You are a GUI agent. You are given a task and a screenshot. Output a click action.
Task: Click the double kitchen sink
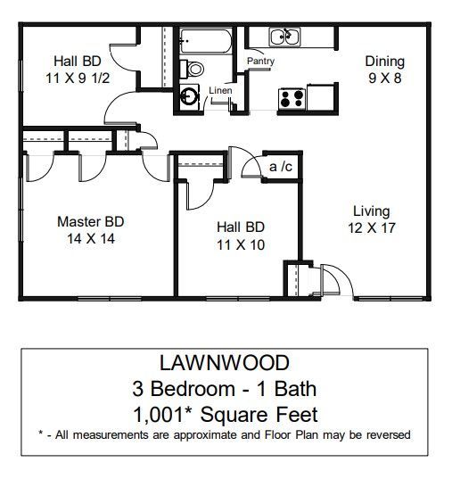(x=285, y=37)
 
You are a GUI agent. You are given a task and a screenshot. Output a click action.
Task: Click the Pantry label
(x=260, y=62)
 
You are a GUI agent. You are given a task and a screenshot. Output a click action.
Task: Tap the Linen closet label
(x=220, y=91)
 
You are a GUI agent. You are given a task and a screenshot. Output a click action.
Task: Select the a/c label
(x=280, y=166)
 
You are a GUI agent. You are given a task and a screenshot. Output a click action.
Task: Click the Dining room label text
(x=384, y=62)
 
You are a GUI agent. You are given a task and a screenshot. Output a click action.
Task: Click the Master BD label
(x=90, y=222)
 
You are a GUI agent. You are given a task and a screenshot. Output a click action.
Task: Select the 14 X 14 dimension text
(x=90, y=238)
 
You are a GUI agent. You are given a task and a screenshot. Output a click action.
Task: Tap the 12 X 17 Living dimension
(x=371, y=227)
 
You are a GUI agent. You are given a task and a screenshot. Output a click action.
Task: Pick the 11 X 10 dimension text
(x=240, y=244)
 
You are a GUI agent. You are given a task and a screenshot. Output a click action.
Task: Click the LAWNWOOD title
(x=226, y=365)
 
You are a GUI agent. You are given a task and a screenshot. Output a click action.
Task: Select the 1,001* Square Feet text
(x=226, y=414)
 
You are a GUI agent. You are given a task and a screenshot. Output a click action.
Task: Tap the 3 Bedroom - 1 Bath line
(x=226, y=389)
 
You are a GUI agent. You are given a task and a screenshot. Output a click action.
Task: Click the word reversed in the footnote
(x=389, y=435)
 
